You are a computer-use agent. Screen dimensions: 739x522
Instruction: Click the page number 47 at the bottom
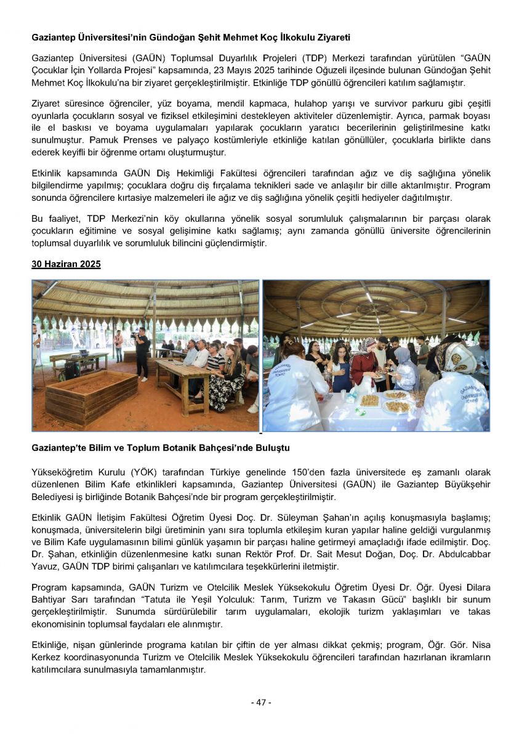click(260, 702)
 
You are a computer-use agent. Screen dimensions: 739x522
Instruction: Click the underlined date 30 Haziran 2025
click(66, 264)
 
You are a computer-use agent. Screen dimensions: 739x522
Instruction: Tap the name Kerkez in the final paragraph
click(48, 658)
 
